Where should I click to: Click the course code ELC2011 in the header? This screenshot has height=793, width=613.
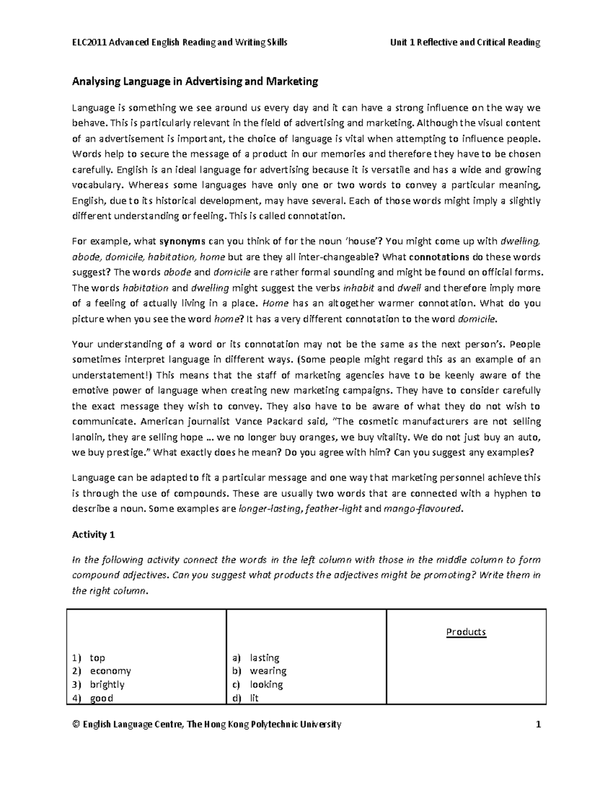[x=88, y=42]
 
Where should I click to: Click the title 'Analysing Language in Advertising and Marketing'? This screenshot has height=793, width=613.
[x=195, y=81]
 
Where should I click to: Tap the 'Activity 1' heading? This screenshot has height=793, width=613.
[x=93, y=535]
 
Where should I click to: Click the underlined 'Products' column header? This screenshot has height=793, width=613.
[x=466, y=632]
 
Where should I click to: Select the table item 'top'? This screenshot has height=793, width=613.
[x=97, y=658]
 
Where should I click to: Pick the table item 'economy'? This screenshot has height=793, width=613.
[x=110, y=671]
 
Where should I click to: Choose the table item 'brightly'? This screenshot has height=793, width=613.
[x=107, y=684]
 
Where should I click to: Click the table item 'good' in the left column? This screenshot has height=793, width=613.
[x=101, y=698]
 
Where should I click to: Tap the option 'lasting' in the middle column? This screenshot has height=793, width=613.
[x=265, y=658]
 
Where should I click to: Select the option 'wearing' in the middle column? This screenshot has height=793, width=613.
[x=268, y=671]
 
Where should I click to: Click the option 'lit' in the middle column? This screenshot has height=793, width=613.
[x=254, y=698]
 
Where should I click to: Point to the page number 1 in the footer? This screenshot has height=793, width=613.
[x=538, y=725]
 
